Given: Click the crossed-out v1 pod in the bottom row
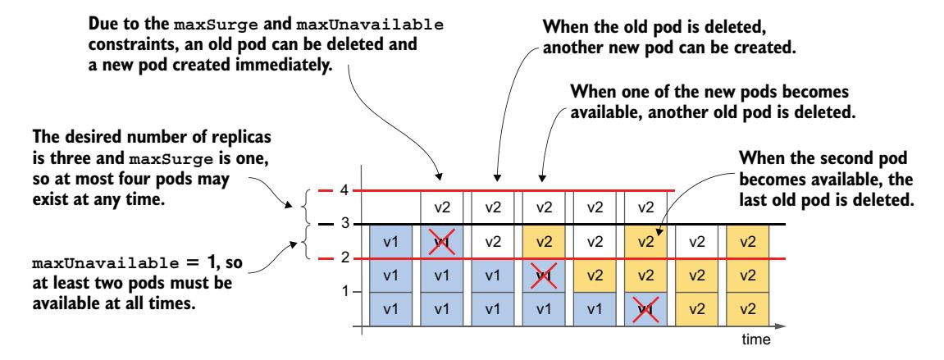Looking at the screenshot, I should tap(646, 309).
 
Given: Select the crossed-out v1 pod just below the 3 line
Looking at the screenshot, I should tap(441, 241).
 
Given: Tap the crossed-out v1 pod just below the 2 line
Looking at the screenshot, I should tap(544, 276).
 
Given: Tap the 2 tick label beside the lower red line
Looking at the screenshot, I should tap(345, 258).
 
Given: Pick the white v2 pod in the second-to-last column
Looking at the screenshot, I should tap(697, 241).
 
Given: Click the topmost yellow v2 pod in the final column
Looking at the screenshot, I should tap(748, 241).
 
